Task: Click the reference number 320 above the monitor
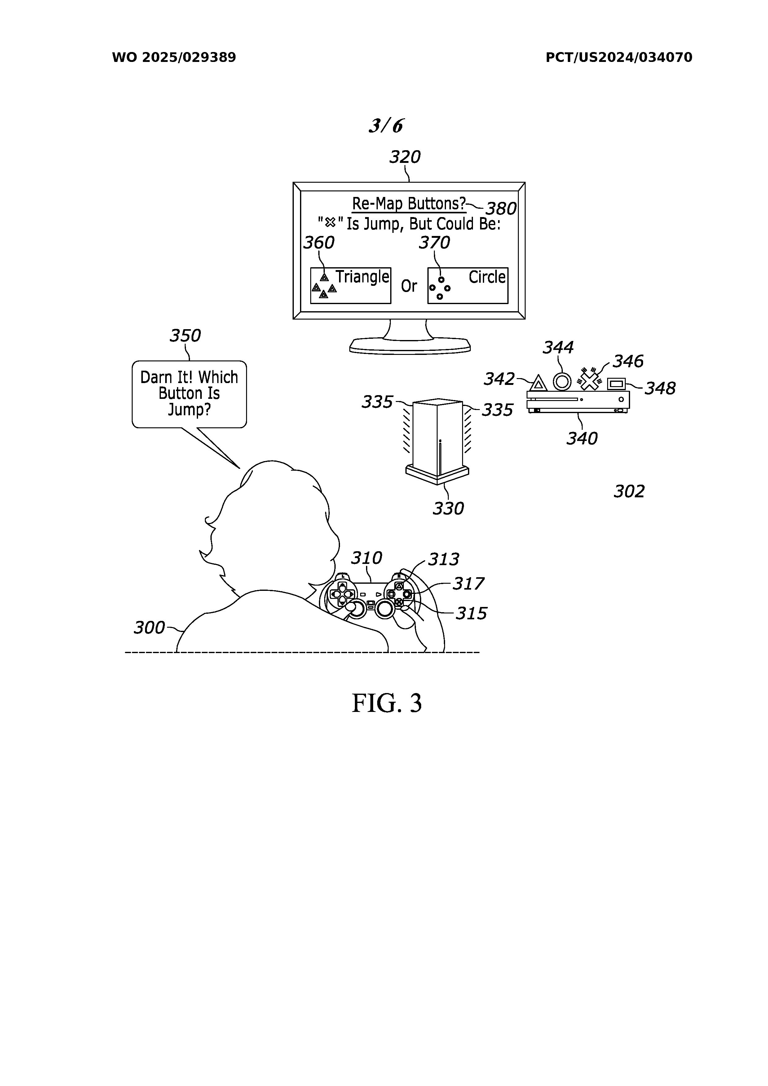coord(405,157)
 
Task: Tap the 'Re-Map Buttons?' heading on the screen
coord(408,204)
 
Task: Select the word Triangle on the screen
coord(362,277)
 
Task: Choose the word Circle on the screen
coord(487,277)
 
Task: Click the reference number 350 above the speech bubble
coord(185,336)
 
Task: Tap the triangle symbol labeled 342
coord(538,383)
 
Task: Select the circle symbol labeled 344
coord(562,381)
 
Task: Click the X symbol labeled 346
coord(589,380)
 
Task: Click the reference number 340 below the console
coord(582,438)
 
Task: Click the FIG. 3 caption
coord(386,703)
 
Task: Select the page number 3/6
coord(386,126)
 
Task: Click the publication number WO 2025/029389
coord(174,58)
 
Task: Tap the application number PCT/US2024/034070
coord(618,58)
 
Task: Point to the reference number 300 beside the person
coord(149,628)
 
